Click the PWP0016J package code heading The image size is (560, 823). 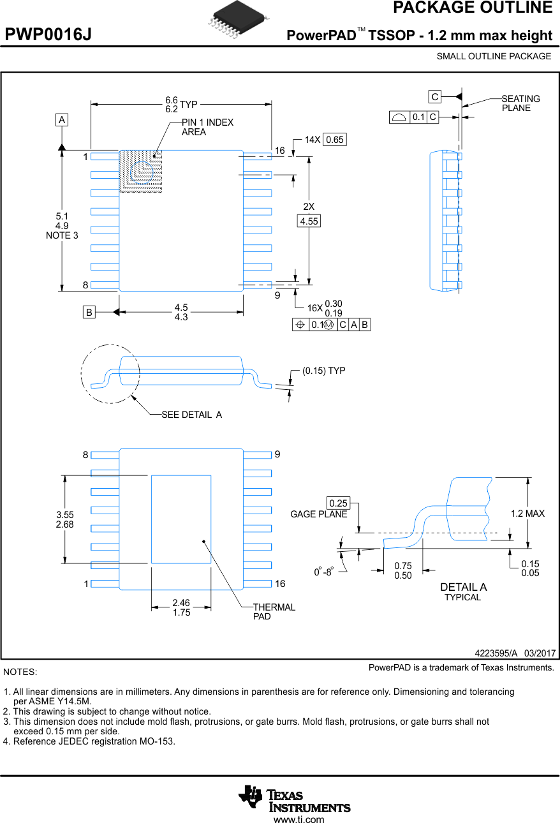click(x=48, y=35)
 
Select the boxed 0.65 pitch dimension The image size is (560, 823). click(x=334, y=140)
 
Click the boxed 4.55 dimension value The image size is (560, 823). click(x=309, y=221)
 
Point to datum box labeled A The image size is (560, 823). click(x=61, y=120)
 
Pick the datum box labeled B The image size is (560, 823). click(x=89, y=312)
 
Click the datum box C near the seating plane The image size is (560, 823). click(x=434, y=97)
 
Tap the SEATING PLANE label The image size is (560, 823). click(x=520, y=103)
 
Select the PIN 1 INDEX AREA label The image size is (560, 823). click(x=207, y=127)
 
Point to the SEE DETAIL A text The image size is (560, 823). click(x=191, y=415)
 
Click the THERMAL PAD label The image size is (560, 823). click(x=274, y=612)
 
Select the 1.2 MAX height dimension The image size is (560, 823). click(x=527, y=514)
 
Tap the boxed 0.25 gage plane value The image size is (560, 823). click(x=339, y=503)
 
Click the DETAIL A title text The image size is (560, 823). click(x=463, y=587)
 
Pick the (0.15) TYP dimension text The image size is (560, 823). click(x=323, y=371)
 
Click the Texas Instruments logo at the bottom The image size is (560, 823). click(x=295, y=799)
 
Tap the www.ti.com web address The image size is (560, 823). click(x=298, y=819)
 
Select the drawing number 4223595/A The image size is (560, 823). click(x=496, y=653)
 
